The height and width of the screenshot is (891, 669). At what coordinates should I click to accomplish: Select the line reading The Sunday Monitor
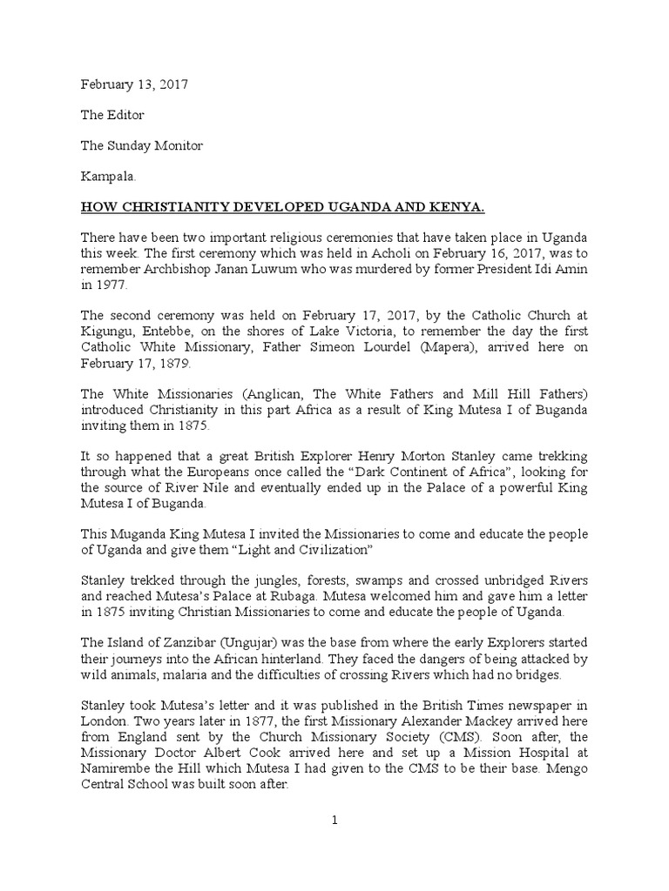(x=142, y=145)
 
